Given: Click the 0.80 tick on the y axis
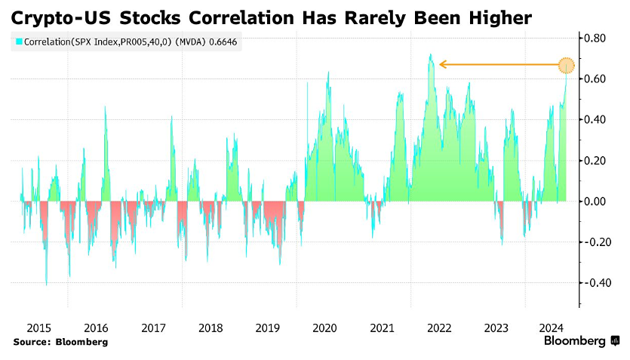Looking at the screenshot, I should (595, 38).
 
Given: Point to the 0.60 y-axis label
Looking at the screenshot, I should (595, 78).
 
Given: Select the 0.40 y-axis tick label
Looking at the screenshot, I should (595, 119).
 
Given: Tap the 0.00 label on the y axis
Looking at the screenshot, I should (595, 202).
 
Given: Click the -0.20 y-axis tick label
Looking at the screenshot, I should (594, 242).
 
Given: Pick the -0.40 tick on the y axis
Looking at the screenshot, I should (594, 283).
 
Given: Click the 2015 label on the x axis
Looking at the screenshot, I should (38, 328).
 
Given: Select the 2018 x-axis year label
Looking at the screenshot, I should (211, 328).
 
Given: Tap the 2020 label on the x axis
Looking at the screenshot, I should (324, 328).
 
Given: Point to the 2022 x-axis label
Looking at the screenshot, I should (439, 328).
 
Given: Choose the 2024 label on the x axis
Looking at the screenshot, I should (553, 328).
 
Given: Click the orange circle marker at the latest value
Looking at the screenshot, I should (567, 65).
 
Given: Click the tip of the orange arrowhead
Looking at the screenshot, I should (440, 65).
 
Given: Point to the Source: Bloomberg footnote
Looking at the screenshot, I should (60, 343).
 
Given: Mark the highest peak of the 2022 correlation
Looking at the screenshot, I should (430, 54).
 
